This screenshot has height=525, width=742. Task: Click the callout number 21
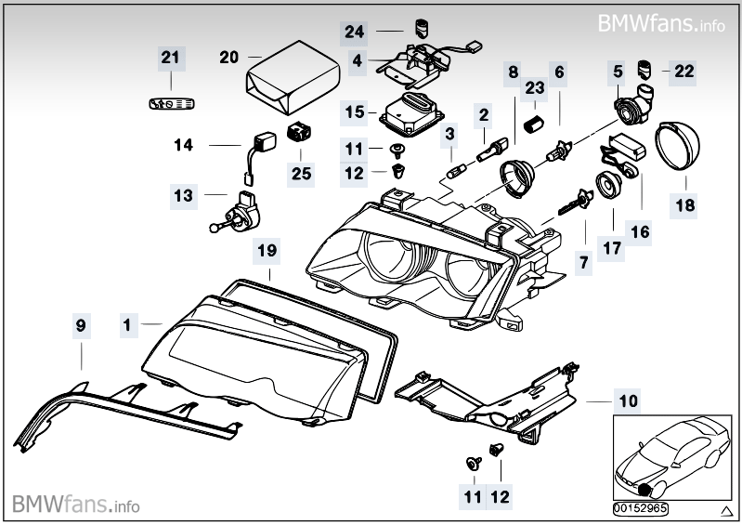(168, 58)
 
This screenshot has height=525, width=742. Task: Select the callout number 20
(229, 58)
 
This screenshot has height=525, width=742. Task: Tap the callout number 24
(355, 32)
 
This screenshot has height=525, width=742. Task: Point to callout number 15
(355, 112)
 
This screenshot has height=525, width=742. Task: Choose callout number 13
(183, 195)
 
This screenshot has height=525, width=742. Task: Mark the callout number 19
(267, 251)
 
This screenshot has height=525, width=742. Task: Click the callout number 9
(81, 325)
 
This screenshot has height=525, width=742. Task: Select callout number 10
(629, 401)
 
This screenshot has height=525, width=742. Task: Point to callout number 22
(684, 71)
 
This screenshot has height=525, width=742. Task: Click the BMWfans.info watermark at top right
(660, 21)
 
